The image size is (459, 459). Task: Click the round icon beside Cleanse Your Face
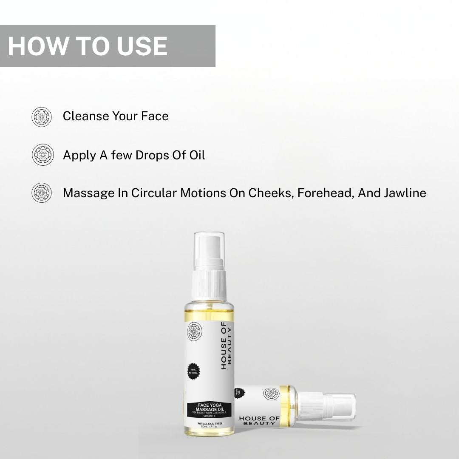pyautogui.click(x=42, y=116)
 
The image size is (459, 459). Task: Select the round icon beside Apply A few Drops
pyautogui.click(x=42, y=155)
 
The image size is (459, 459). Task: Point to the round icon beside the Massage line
pyautogui.click(x=42, y=193)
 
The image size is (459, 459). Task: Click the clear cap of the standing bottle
pyautogui.click(x=209, y=251)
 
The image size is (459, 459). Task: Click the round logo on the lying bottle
pyautogui.click(x=268, y=394)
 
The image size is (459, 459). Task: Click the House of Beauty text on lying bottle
pyautogui.click(x=259, y=421)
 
